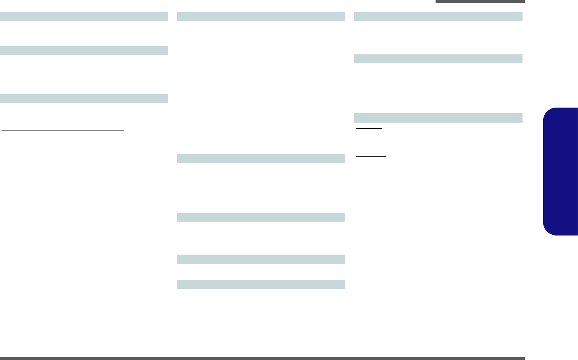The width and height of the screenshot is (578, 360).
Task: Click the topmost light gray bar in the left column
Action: (x=84, y=16)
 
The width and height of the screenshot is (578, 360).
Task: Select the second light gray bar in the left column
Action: (x=84, y=51)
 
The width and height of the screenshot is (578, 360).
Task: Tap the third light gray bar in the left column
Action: (x=84, y=98)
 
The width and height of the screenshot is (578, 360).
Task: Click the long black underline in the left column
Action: (x=63, y=130)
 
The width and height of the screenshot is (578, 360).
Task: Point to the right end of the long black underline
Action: (x=123, y=130)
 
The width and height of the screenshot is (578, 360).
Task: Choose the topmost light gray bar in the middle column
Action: (x=261, y=16)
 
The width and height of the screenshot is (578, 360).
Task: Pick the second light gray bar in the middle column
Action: (x=261, y=159)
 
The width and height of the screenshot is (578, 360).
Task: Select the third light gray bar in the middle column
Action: (x=261, y=217)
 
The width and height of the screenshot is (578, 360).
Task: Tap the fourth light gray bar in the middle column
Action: (x=261, y=259)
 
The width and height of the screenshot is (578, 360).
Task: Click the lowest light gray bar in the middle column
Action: (x=261, y=284)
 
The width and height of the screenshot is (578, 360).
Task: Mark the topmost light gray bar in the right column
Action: (x=438, y=16)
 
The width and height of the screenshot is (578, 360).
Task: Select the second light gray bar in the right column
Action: (x=438, y=59)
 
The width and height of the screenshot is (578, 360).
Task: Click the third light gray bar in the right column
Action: (x=438, y=118)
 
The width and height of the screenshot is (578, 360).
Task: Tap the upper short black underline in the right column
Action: (x=369, y=129)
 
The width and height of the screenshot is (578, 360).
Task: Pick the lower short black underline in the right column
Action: (x=371, y=157)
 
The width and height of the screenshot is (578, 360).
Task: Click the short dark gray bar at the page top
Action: (x=480, y=1)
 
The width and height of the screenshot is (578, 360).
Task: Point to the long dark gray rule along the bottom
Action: (x=262, y=358)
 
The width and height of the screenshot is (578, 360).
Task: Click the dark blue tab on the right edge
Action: (x=560, y=171)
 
